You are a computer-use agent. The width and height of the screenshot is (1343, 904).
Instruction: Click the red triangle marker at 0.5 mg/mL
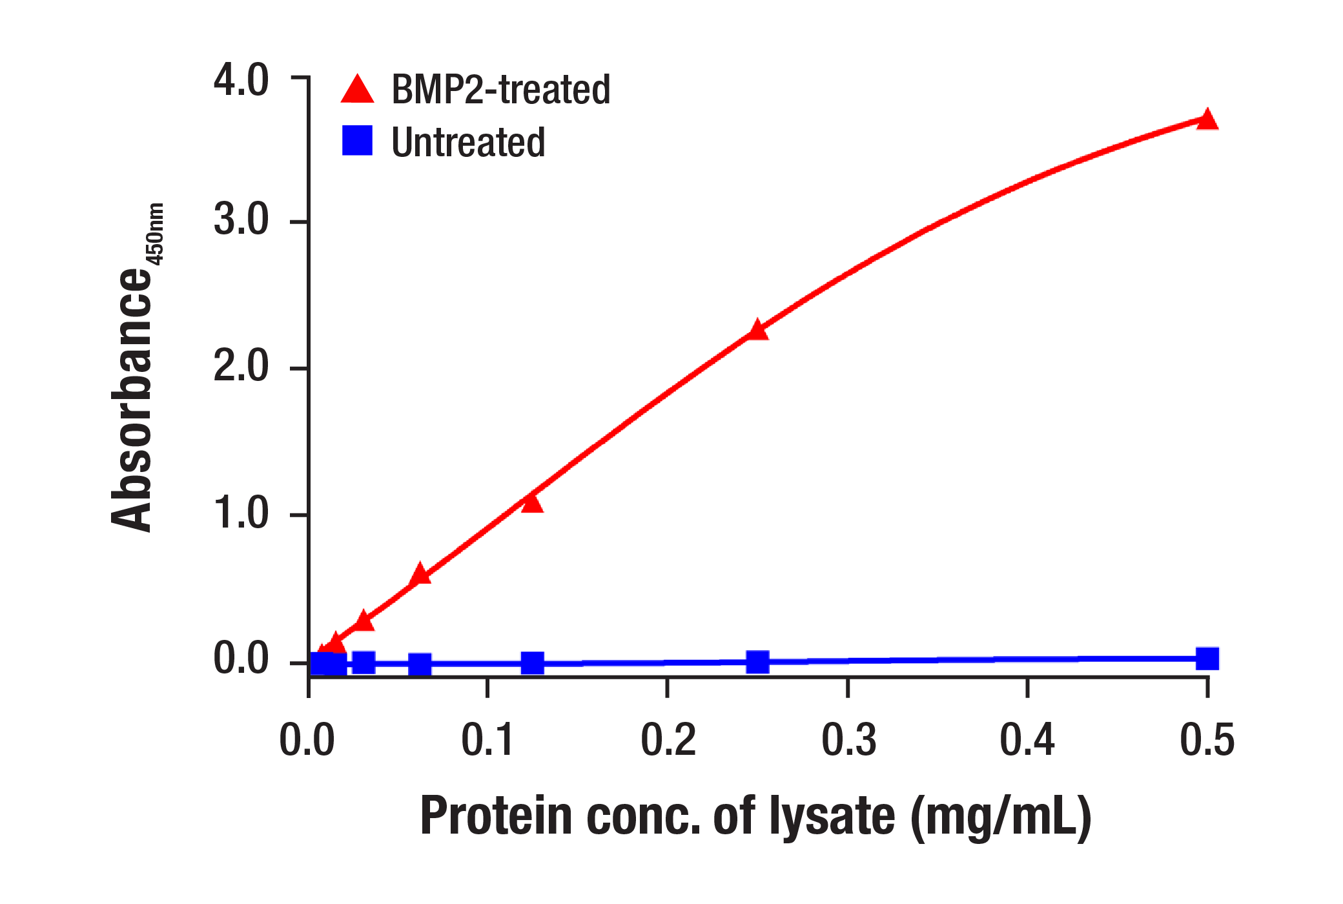coord(1207,120)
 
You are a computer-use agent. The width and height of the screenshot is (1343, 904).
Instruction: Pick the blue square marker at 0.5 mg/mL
coord(1207,659)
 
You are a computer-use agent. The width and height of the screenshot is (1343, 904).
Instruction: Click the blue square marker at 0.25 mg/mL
coord(757,661)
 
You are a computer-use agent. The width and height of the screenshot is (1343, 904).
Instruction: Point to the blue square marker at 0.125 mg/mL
coord(532,663)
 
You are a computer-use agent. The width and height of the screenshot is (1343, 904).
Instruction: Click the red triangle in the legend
coord(357,90)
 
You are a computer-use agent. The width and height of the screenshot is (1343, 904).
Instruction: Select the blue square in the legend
coord(357,140)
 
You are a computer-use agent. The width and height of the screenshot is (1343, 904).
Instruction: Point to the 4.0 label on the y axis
coord(241,81)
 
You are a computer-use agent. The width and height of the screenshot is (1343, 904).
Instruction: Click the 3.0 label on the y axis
coord(241,220)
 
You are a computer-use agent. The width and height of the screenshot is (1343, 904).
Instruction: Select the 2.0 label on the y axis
coord(241,367)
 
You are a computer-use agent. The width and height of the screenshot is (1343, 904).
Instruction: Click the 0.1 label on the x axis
coord(487,740)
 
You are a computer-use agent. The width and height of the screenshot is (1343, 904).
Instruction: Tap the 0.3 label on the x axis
coord(848,740)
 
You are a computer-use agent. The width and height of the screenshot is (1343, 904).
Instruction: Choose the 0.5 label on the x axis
coord(1207,740)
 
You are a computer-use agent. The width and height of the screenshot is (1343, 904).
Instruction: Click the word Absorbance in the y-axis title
coord(132,400)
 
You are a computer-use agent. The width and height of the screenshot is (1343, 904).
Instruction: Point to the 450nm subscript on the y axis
coord(156,234)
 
